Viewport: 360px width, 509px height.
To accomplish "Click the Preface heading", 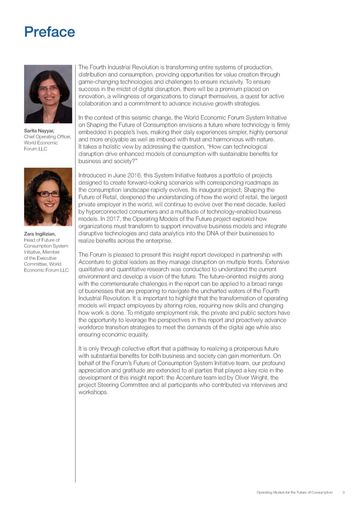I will pos(50,32).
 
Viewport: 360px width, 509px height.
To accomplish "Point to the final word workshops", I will pos(94,393).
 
